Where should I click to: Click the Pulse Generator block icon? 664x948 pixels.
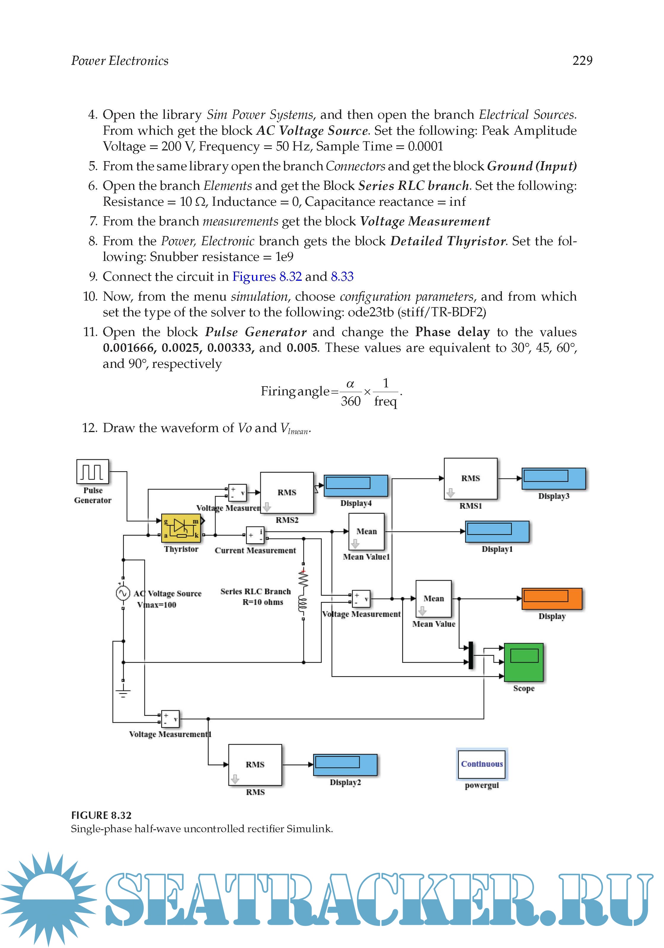tap(92, 471)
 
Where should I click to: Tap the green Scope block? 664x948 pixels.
tap(523, 662)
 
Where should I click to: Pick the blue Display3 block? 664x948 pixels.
tap(553, 479)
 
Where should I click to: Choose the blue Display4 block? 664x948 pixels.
tap(355, 486)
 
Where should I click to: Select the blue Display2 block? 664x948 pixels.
tap(345, 765)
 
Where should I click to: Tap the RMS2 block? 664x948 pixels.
tap(287, 493)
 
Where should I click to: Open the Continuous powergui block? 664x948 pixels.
tap(481, 764)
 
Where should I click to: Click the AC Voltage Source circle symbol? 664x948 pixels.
tap(123, 593)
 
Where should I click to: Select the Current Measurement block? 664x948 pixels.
tap(255, 535)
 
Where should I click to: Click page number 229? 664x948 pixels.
tap(582, 61)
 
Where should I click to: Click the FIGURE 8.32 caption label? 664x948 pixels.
tap(101, 815)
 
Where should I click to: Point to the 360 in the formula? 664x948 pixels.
tap(350, 401)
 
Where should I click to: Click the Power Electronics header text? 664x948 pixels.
tap(120, 61)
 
